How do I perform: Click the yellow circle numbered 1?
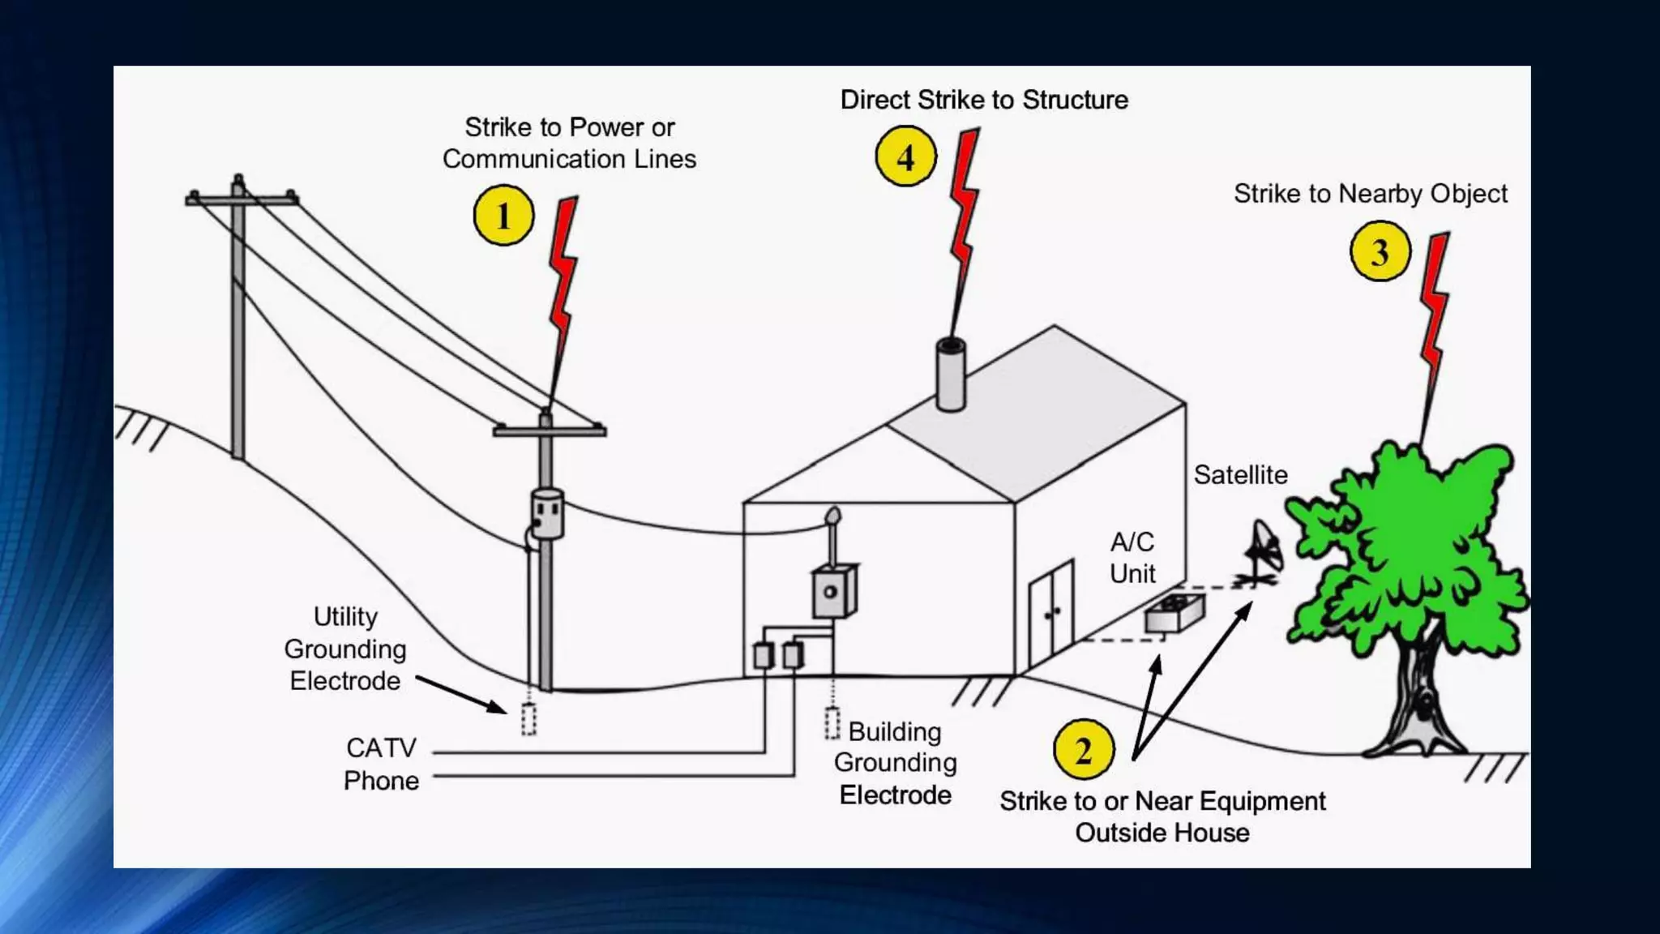[x=503, y=216]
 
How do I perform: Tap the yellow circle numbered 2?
[x=1083, y=750]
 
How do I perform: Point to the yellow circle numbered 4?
[x=905, y=156]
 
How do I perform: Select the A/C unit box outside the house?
[x=1174, y=613]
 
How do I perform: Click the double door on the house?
[x=1051, y=611]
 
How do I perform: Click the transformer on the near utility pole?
[x=547, y=512]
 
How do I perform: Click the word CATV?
[x=381, y=748]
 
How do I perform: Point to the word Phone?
[x=381, y=781]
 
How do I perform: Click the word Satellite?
[x=1240, y=475]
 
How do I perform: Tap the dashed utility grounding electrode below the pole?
[x=528, y=719]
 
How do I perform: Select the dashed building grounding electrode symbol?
[x=832, y=722]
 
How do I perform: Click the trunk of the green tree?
[x=1421, y=689]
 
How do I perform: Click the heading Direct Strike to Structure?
[x=984, y=100]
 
